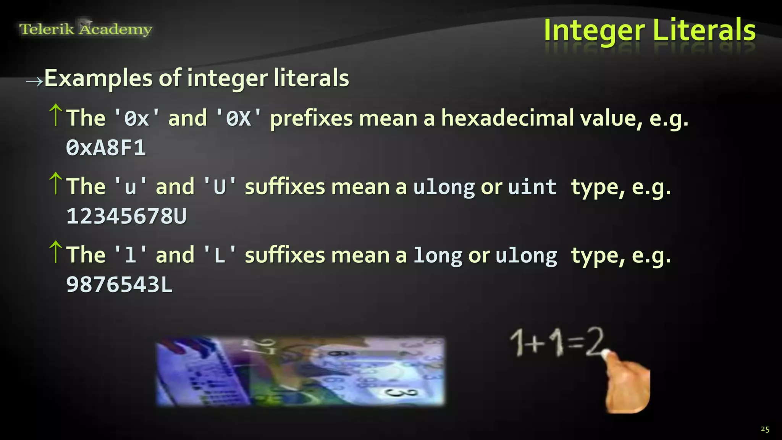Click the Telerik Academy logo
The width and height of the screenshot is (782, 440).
tap(86, 29)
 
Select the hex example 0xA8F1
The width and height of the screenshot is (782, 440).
tap(106, 148)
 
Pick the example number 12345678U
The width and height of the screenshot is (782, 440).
tap(126, 216)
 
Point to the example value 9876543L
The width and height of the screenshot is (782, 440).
tap(119, 285)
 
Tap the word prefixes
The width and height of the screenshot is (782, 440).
tap(311, 119)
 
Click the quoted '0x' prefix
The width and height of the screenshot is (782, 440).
tap(137, 118)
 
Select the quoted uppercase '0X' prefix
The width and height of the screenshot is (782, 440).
tap(239, 118)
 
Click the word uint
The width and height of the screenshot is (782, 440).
tap(532, 187)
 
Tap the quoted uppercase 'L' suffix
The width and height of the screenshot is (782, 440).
tap(220, 256)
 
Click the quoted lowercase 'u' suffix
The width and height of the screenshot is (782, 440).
tap(131, 187)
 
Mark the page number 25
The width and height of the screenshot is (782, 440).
tap(765, 429)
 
